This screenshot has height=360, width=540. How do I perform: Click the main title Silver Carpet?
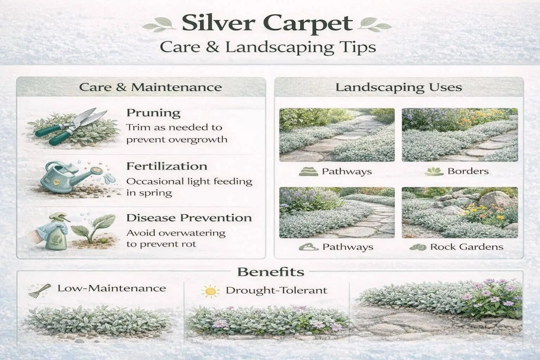pos(267,24)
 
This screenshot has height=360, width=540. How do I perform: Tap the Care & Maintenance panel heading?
pos(150,87)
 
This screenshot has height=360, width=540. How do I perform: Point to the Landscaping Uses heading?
pos(398,87)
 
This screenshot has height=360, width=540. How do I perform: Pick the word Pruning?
pos(153,113)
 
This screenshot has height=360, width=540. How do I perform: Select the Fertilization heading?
pos(167,166)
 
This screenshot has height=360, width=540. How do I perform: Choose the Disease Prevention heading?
pos(189,218)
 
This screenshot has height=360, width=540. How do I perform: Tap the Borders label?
pos(468,172)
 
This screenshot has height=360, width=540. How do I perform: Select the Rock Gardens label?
pos(467,247)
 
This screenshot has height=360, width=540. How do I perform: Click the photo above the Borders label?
pos(459,135)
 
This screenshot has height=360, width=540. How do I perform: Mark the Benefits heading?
pos(271,272)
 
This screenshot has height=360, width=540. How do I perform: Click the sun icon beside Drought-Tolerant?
pos(210,291)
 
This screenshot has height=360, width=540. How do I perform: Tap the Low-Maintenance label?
pos(111,289)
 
